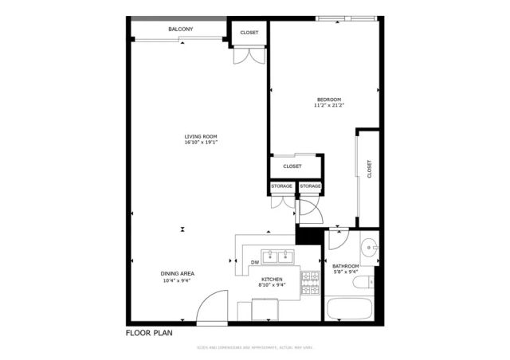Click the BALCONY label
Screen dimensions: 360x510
coord(179,29)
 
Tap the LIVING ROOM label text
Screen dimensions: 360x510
coord(201,136)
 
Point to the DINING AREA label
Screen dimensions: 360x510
coord(178,273)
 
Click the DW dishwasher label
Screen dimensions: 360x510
coord(255,261)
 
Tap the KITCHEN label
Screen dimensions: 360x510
coord(272,279)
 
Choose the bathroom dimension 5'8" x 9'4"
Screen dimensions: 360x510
coord(346,272)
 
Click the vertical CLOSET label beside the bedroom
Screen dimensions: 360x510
coord(370,169)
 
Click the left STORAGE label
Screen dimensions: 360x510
coord(281,186)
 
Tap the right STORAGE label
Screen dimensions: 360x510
coord(310,186)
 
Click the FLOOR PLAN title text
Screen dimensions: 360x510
coord(149,332)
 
